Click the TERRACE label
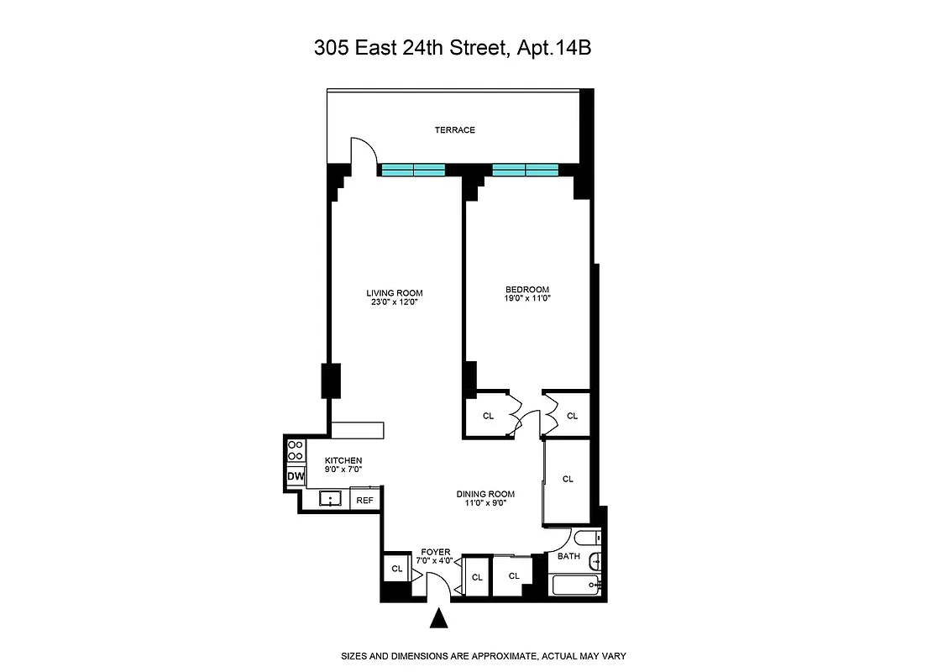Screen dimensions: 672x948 454,130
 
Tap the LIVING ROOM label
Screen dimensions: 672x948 394,293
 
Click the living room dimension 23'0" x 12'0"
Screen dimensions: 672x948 394,302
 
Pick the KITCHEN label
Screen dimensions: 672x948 343,460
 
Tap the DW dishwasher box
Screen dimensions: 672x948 295,476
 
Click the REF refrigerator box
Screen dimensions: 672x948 364,500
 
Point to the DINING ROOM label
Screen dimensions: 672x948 485,494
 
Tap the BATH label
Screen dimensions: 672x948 568,556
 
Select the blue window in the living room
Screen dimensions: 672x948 412,170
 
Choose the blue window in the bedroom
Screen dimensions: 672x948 525,170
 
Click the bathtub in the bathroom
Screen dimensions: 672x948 577,585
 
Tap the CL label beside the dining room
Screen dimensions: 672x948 568,479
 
